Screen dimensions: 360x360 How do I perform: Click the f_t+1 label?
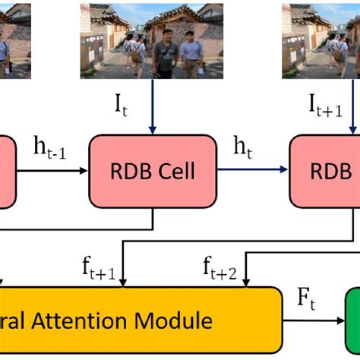[99, 267]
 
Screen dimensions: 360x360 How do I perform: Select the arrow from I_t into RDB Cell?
[153, 106]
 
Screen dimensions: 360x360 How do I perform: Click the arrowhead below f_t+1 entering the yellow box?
[124, 283]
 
